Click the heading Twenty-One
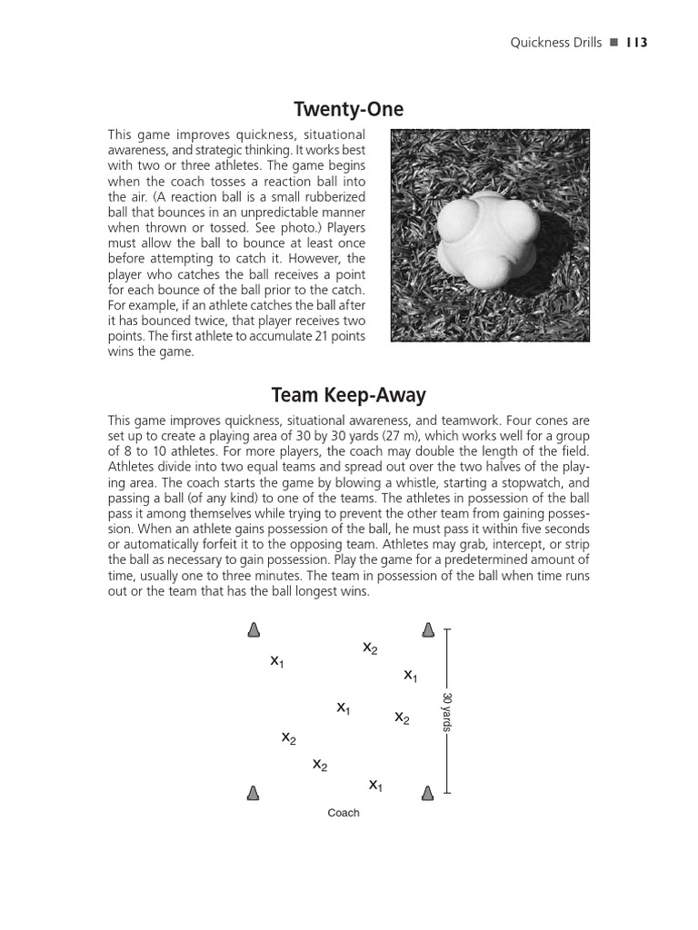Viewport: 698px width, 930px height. click(349, 110)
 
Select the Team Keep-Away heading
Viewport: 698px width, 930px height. click(349, 396)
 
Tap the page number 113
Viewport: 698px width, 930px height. click(636, 43)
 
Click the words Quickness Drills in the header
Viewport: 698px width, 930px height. click(556, 43)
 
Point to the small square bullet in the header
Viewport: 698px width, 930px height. click(613, 43)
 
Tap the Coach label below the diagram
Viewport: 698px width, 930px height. click(344, 813)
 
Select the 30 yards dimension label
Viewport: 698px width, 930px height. click(446, 711)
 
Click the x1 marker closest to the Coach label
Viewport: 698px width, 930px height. click(375, 785)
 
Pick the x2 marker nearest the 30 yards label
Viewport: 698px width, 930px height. click(402, 717)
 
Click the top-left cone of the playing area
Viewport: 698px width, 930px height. click(254, 630)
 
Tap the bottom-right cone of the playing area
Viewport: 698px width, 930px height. click(427, 793)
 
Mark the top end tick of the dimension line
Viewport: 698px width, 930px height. click(447, 628)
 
